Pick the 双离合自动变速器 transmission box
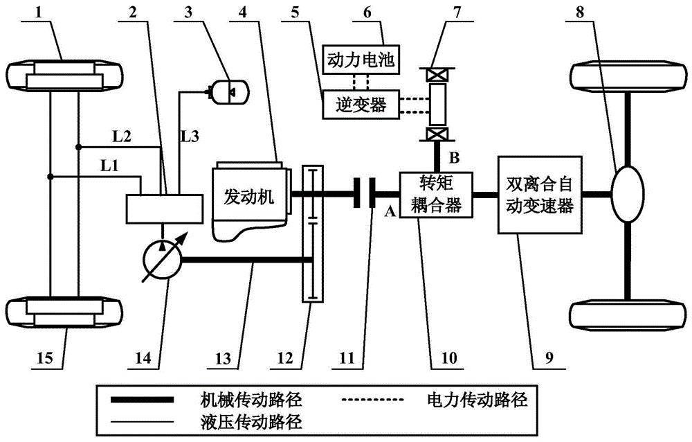pyautogui.click(x=538, y=196)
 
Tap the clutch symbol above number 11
pyautogui.click(x=365, y=194)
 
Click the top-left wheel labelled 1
pyautogui.click(x=64, y=74)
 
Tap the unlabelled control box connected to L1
pyautogui.click(x=165, y=208)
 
